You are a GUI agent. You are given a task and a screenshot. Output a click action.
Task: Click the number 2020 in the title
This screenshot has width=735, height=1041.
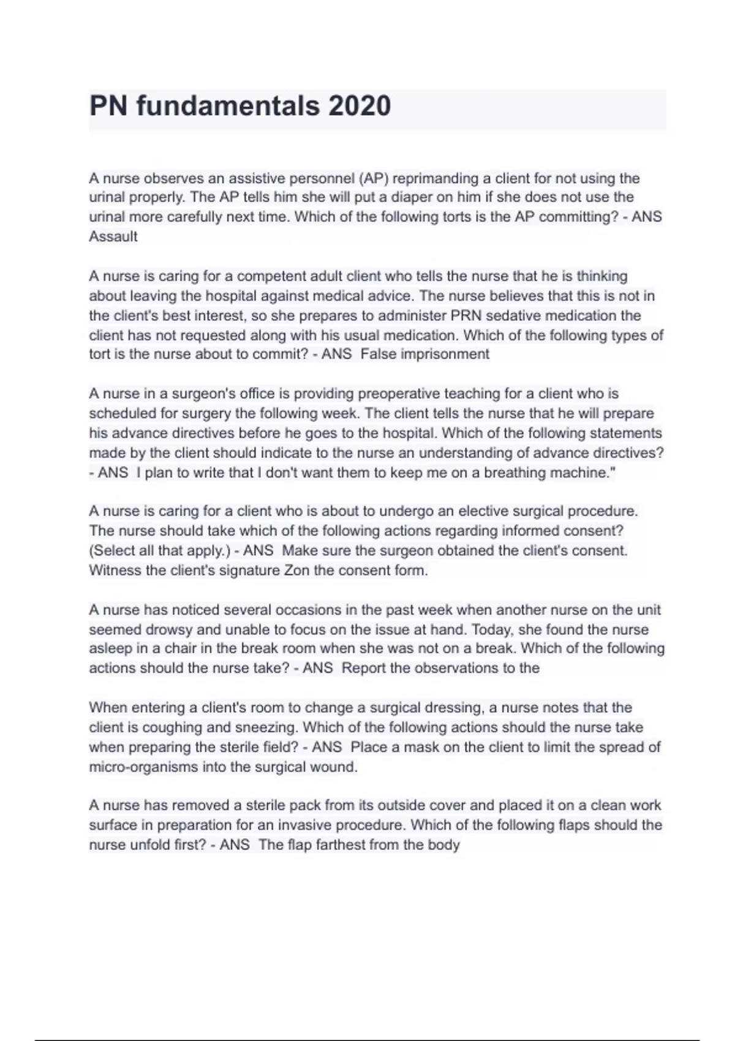click(x=360, y=106)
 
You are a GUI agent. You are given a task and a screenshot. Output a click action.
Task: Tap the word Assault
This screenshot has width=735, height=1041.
click(x=113, y=237)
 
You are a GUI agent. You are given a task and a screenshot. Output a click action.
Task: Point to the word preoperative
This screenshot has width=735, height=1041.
click(x=399, y=394)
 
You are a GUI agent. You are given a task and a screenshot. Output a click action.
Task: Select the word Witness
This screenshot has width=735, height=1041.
click(x=116, y=571)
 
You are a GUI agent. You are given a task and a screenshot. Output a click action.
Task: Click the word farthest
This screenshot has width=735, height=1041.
click(x=343, y=845)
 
